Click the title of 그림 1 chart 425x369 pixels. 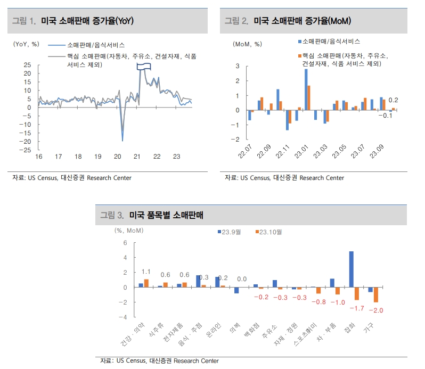(x=87, y=21)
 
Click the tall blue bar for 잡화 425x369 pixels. (x=351, y=269)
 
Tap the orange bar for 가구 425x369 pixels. (x=375, y=294)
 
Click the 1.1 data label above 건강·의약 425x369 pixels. (x=146, y=272)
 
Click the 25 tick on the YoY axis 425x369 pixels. (x=27, y=65)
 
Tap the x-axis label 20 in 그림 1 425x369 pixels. (x=118, y=157)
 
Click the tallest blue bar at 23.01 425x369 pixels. (x=306, y=89)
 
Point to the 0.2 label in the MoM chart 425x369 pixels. (x=393, y=100)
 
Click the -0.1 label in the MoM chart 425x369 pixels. (x=385, y=116)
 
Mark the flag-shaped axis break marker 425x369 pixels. (x=144, y=66)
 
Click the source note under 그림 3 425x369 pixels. (x=160, y=361)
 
